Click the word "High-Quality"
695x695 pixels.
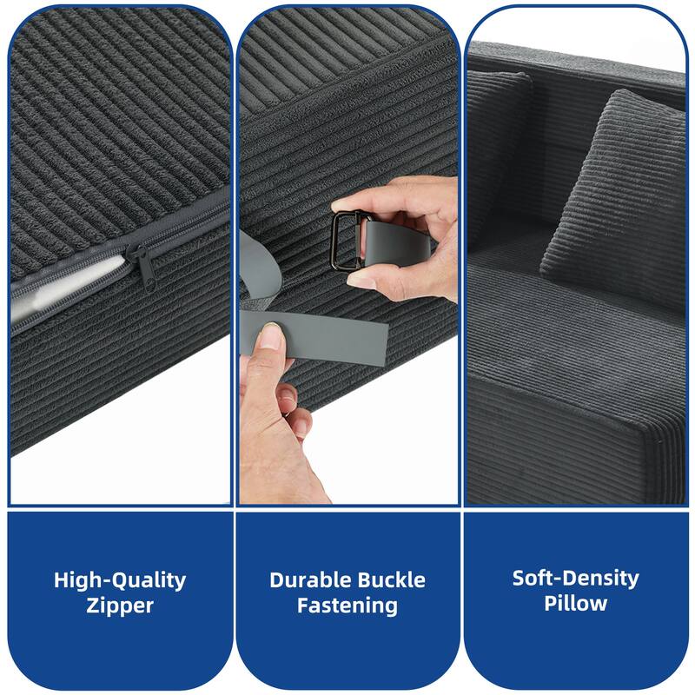[120, 579]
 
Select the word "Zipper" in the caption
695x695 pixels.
[120, 606]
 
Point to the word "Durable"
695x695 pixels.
[308, 579]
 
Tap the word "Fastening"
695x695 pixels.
[347, 606]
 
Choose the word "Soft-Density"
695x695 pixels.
[575, 578]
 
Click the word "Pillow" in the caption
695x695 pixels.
[575, 603]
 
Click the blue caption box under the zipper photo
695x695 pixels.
[120, 599]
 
